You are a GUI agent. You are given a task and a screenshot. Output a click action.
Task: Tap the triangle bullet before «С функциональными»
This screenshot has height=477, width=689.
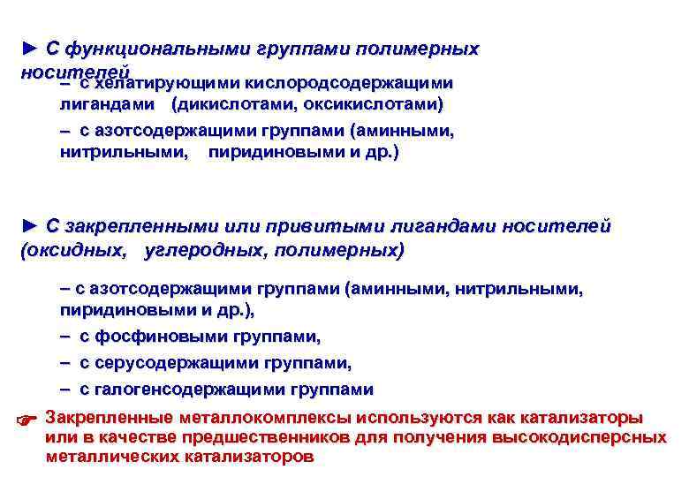coord(30,49)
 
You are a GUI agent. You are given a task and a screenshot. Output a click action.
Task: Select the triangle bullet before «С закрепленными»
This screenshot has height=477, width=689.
coord(30,226)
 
